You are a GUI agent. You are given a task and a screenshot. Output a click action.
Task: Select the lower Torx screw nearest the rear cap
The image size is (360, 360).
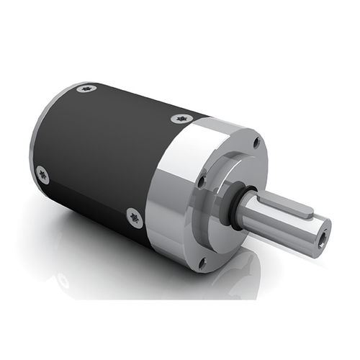[42, 174]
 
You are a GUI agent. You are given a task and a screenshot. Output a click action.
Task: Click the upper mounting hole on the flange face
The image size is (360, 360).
[256, 143]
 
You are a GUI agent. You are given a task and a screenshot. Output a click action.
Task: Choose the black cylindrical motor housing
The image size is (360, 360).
[101, 158]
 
